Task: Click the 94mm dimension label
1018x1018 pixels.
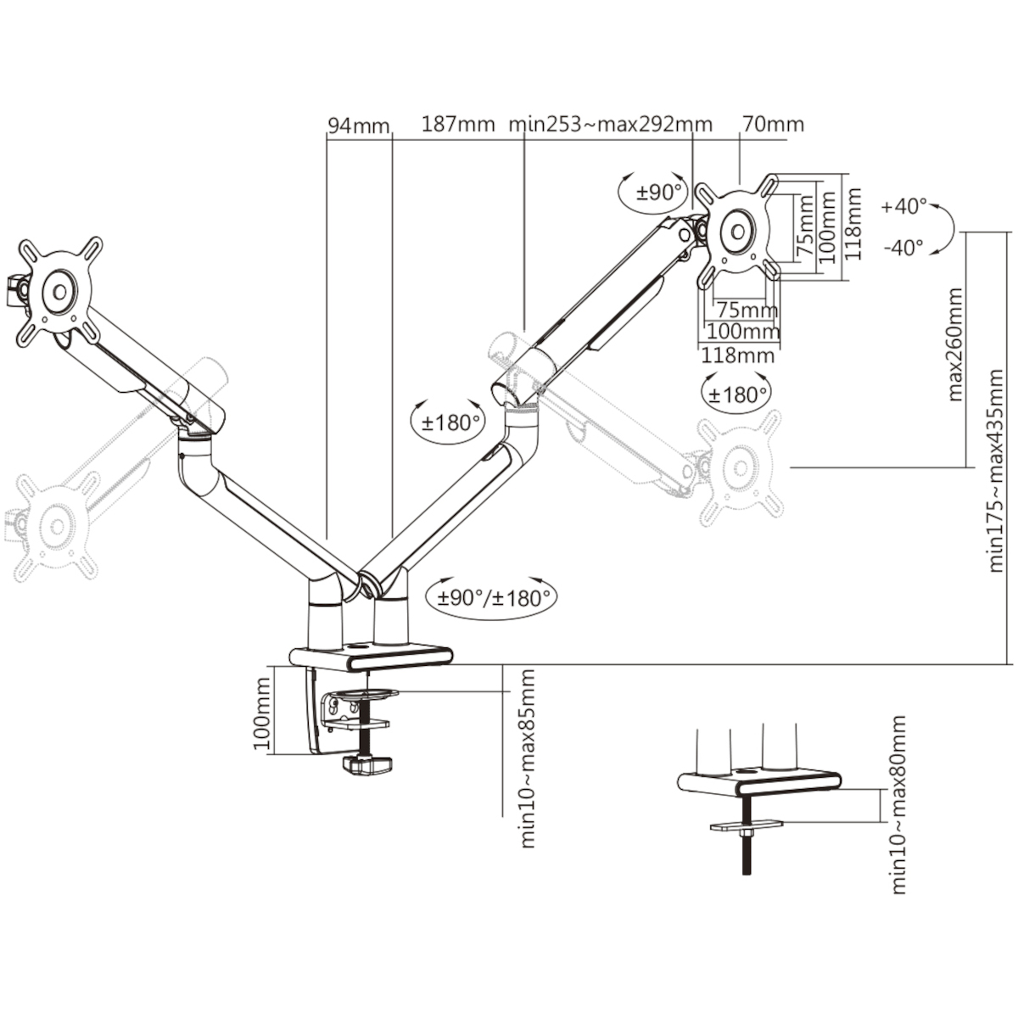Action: [359, 126]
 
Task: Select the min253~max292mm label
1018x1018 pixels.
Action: [610, 125]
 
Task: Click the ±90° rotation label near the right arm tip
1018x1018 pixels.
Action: [660, 193]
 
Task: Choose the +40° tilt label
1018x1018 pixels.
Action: [903, 206]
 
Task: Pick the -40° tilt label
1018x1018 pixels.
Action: [903, 247]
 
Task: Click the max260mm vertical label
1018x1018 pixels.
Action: [956, 344]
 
